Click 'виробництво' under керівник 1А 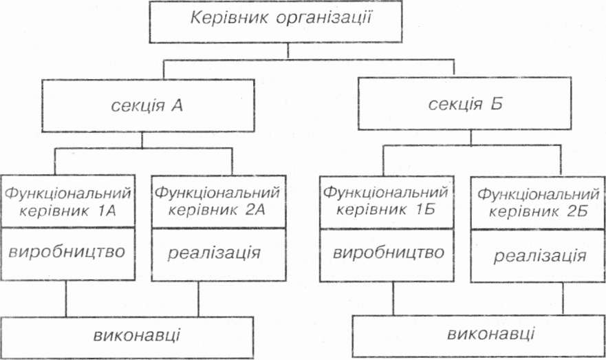coord(67,251)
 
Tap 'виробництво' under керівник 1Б coord(389,252)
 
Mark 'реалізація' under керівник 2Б coord(539,256)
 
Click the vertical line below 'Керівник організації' coord(288,50)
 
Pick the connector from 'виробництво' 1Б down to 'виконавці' coord(393,298)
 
